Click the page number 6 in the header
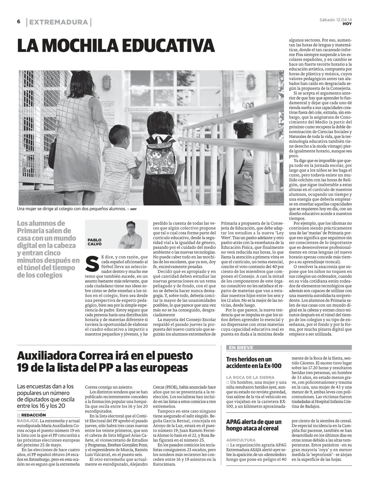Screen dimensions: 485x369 (19, 22)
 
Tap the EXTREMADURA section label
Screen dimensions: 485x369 (59, 22)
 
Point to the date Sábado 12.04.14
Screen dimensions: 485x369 (336, 20)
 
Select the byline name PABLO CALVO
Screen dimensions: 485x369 (94, 242)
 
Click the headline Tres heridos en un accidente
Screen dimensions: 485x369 (249, 362)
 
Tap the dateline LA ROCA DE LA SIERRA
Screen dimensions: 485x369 (250, 377)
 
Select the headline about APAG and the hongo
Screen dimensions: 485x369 (254, 425)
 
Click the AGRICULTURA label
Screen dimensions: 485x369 (241, 440)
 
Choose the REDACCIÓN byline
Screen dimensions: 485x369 (33, 415)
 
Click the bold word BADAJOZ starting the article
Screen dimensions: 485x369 (28, 420)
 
